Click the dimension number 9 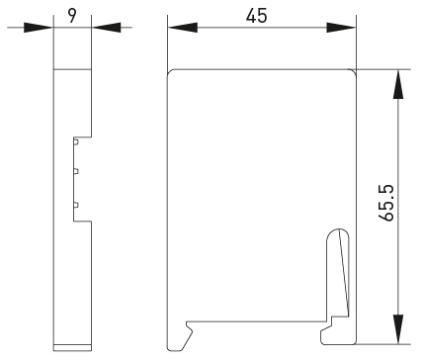72,15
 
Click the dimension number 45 257,15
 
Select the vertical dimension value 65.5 386,203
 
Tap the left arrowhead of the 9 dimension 39,28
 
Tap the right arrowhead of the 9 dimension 106,28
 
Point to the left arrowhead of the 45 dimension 183,28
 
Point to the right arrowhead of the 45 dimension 341,28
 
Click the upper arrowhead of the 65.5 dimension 398,84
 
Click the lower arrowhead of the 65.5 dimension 398,329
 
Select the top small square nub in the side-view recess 76,142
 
